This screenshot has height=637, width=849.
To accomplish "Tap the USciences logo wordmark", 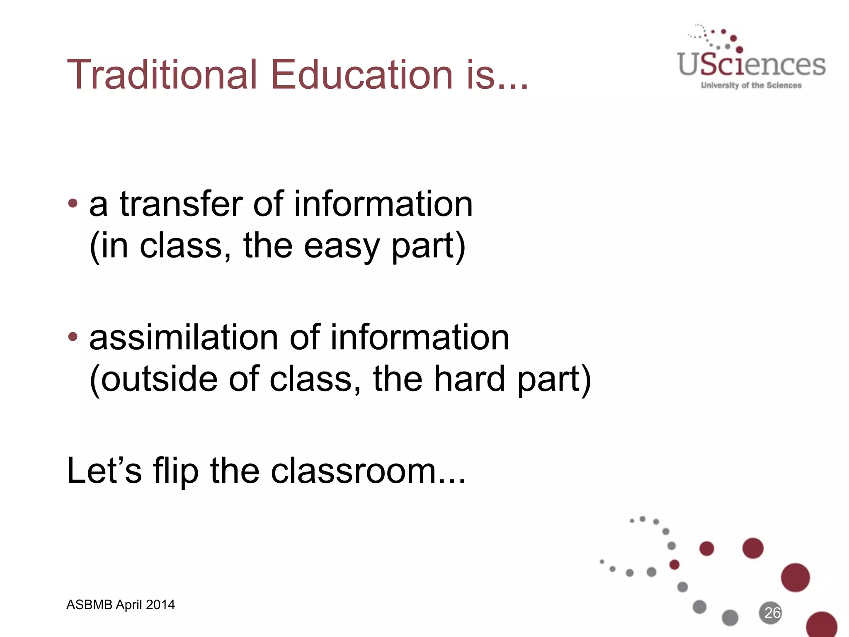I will (751, 65).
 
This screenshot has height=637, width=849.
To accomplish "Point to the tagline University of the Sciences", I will (751, 85).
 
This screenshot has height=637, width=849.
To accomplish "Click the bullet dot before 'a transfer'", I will (73, 203).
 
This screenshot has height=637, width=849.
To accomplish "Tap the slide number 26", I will (772, 613).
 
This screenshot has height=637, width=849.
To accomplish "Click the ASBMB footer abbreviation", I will (90, 605).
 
